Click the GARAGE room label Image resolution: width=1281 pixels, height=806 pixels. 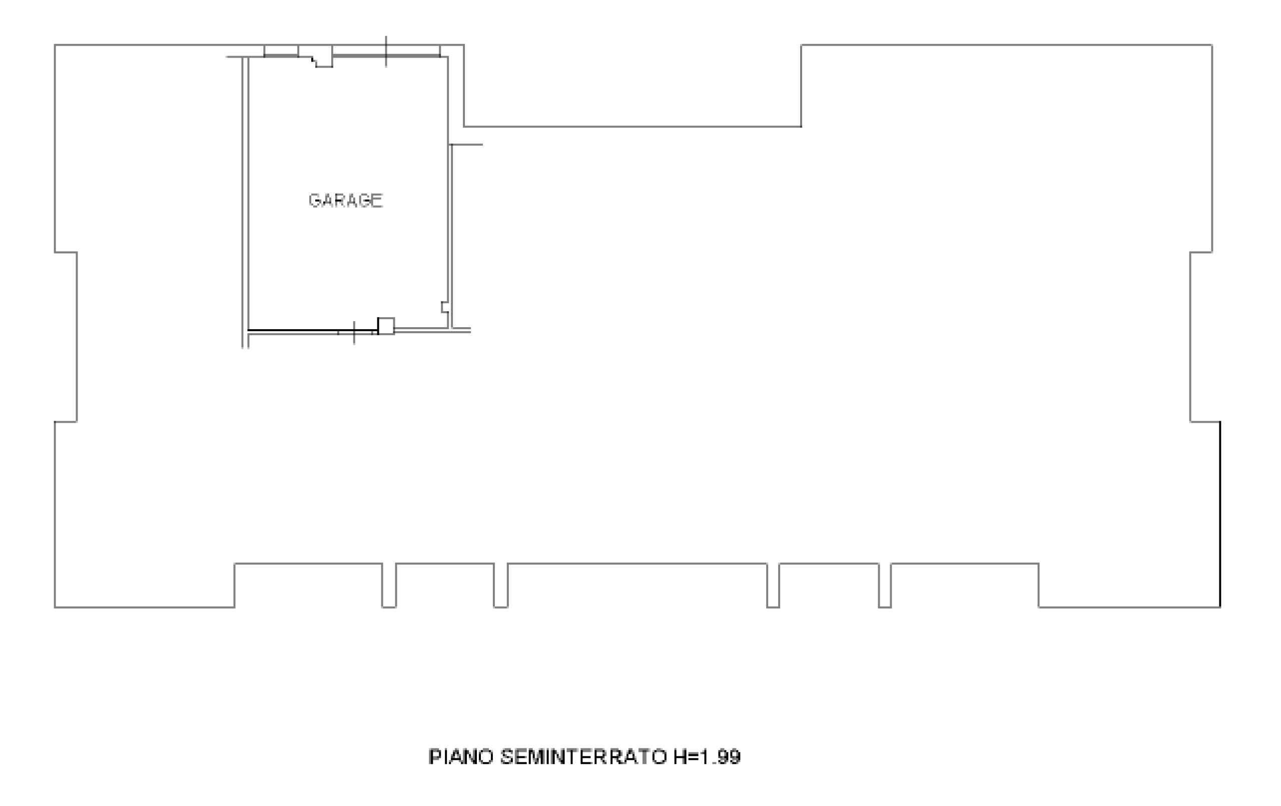click(345, 200)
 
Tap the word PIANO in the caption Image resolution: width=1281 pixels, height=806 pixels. click(461, 757)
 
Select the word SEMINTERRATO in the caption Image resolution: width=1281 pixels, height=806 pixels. click(583, 757)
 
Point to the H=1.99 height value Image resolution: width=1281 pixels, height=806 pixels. click(707, 757)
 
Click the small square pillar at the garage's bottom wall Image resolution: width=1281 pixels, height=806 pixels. click(386, 326)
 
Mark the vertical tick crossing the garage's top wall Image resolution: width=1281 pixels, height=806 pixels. click(386, 52)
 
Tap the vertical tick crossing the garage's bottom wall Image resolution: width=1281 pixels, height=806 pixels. click(354, 333)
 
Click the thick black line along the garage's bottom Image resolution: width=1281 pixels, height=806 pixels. click(313, 330)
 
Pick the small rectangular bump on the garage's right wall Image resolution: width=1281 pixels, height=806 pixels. click(445, 307)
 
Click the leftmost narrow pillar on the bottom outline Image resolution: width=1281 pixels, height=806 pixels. click(389, 585)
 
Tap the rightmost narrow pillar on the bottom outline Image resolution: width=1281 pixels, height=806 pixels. click(885, 585)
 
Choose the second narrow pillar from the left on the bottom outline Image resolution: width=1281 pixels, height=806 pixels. click(500, 585)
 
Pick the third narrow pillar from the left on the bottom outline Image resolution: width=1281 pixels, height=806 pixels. click(773, 585)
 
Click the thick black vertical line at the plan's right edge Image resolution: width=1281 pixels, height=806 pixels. click(1220, 514)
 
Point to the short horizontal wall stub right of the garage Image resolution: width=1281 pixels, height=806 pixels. click(466, 144)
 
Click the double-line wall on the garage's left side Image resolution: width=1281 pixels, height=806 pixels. click(245, 202)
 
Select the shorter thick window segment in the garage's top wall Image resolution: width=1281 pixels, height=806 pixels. click(281, 56)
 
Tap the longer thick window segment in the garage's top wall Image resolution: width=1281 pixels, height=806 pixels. click(386, 56)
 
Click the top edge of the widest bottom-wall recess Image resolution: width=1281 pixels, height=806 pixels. click(637, 563)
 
